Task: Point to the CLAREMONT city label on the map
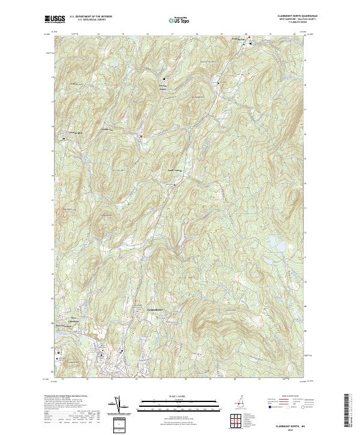(x=155, y=309)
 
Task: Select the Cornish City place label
(x=106, y=130)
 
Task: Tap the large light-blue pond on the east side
(x=278, y=244)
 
